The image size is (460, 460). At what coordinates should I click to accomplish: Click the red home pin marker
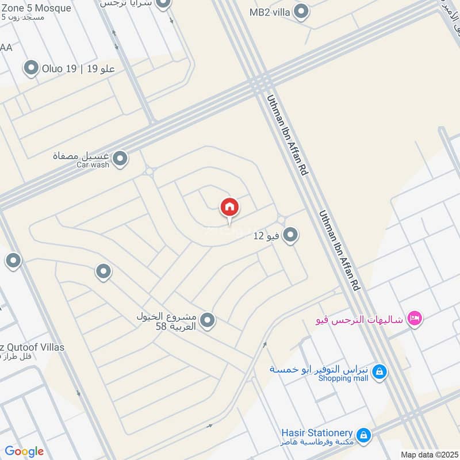[229, 208]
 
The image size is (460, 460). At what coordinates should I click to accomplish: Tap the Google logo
[24, 451]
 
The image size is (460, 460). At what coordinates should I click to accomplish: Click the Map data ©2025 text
[428, 454]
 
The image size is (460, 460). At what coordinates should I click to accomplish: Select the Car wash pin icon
[120, 159]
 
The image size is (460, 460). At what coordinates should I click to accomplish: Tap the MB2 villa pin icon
[301, 11]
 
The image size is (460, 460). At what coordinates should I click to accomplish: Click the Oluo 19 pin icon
[31, 69]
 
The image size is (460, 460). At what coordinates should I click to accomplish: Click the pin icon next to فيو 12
[290, 235]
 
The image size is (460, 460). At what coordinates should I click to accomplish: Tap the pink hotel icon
[414, 318]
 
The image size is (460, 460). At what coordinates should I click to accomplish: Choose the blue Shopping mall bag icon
[379, 373]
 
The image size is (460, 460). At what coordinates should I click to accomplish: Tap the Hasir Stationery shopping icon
[363, 436]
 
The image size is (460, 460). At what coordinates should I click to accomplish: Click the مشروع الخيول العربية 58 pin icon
[208, 321]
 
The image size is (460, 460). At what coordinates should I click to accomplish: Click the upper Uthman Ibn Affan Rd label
[285, 135]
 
